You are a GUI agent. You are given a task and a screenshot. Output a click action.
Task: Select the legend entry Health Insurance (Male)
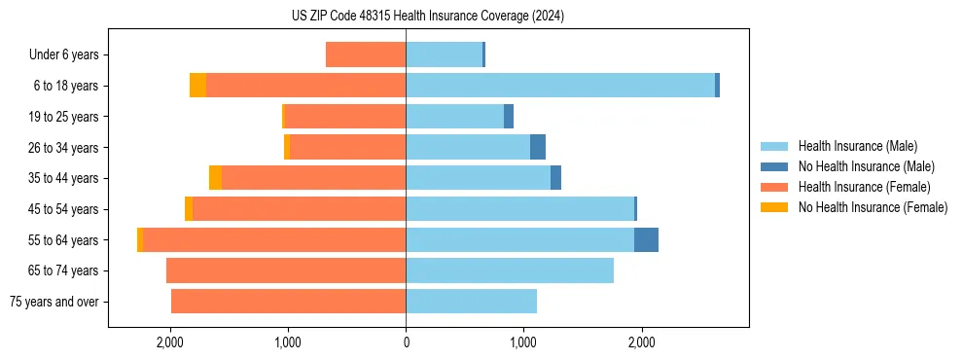[x=857, y=146]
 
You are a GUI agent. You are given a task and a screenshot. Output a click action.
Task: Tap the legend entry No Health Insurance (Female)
[x=873, y=207]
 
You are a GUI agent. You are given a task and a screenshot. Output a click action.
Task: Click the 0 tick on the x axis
[x=406, y=343]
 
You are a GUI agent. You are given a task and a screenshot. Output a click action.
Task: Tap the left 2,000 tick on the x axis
[x=170, y=343]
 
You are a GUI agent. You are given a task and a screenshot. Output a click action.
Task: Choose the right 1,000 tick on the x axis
[x=523, y=343]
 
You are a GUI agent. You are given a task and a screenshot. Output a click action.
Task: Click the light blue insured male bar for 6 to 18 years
[x=560, y=86]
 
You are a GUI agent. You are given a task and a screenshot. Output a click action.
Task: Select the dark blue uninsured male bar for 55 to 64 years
[x=646, y=240]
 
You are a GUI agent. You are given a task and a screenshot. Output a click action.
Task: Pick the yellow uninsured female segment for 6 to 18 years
[x=197, y=86]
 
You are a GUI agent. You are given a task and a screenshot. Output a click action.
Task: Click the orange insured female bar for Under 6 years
[x=366, y=55]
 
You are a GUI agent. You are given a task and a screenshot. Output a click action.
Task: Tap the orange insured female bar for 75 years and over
[x=288, y=302]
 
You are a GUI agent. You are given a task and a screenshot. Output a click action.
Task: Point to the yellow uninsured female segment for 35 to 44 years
[x=215, y=178]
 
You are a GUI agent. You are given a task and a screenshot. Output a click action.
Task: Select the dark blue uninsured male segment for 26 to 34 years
[x=538, y=147]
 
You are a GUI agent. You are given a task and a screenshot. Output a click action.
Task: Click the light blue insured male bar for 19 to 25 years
[x=454, y=117]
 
